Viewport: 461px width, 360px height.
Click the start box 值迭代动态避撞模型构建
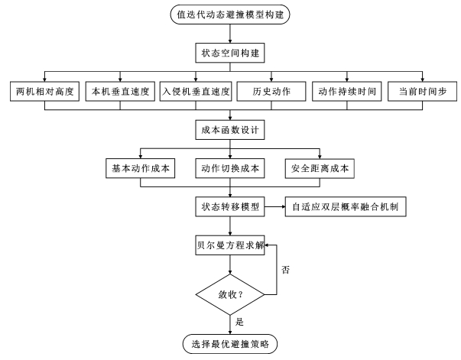tap(230, 15)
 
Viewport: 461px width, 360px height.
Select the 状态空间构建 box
tap(230, 54)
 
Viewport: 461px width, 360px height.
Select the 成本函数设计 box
tap(230, 131)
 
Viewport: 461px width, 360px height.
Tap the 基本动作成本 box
tap(139, 168)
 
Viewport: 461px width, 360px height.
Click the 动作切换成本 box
tap(230, 168)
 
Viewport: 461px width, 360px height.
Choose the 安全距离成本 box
tap(320, 168)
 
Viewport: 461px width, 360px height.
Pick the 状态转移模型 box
tap(230, 207)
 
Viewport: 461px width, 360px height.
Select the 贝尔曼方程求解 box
tap(230, 245)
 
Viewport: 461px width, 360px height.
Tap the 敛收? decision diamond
tap(230, 292)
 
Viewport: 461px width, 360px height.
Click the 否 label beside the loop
tap(285, 269)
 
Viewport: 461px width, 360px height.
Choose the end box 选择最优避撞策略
tap(230, 345)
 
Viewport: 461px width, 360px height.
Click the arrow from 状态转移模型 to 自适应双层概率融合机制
tap(274, 207)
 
